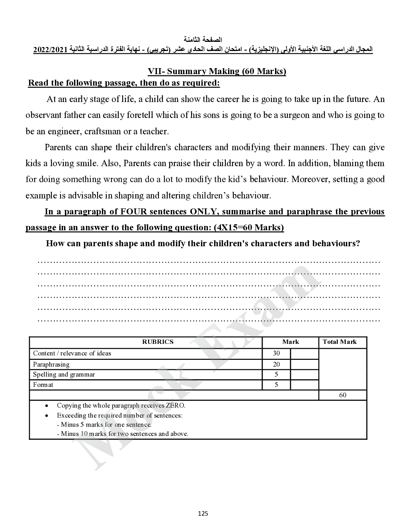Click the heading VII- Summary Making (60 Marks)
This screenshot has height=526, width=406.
click(217, 71)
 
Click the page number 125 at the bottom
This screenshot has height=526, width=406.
click(203, 513)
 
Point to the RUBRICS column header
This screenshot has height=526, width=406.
click(158, 342)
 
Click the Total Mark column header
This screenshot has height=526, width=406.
click(340, 342)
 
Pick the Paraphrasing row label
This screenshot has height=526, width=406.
click(51, 364)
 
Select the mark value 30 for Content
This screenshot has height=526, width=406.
click(276, 353)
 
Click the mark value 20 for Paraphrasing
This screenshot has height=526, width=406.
click(276, 364)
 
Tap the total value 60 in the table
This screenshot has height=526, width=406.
click(342, 395)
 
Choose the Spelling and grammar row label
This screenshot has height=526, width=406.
click(64, 375)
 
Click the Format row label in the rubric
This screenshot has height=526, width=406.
click(43, 385)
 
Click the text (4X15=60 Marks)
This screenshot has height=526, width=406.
click(249, 228)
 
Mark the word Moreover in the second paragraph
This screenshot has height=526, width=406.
click(308, 179)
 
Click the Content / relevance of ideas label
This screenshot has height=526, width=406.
click(72, 353)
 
